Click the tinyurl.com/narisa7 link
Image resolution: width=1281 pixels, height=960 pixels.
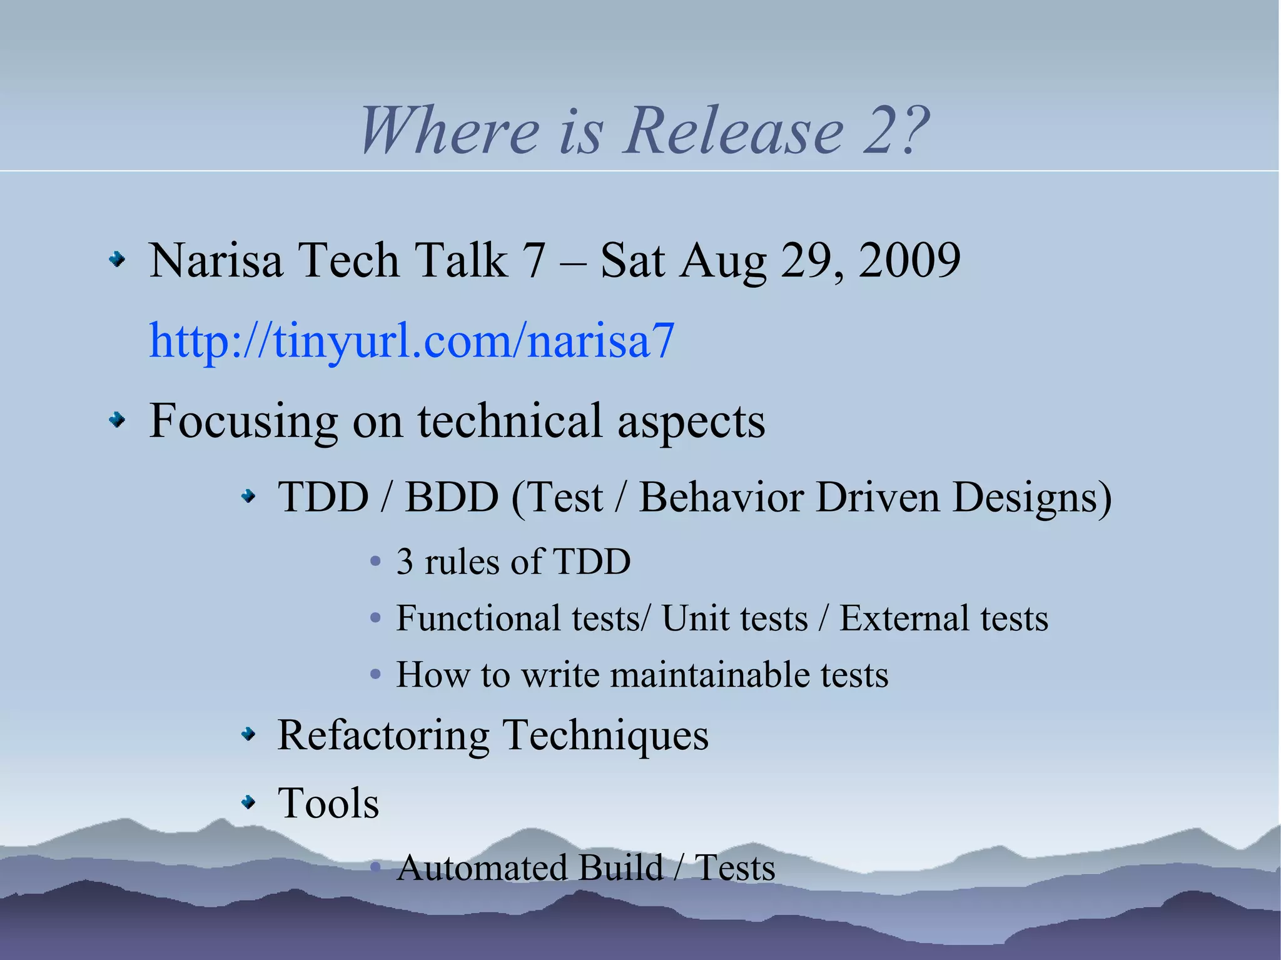[412, 340]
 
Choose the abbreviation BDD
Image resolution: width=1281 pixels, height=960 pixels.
[451, 497]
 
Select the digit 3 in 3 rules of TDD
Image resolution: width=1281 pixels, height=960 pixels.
[405, 561]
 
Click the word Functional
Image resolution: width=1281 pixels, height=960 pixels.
[478, 618]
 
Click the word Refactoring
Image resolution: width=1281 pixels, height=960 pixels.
[383, 735]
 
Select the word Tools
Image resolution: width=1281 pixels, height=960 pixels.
[328, 803]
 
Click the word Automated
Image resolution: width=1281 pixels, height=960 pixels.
[481, 867]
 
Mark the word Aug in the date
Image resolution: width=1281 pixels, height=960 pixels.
[723, 261]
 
